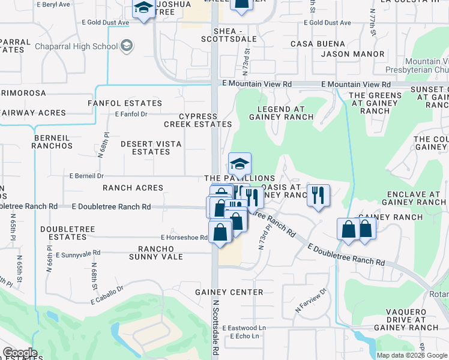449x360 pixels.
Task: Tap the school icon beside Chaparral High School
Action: click(126, 46)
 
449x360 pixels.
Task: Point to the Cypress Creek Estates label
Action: click(198, 120)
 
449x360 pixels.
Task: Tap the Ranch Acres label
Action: click(133, 188)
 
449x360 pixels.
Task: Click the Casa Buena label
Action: click(318, 44)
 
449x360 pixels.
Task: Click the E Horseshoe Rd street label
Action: click(184, 238)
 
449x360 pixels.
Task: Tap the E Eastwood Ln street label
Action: click(244, 328)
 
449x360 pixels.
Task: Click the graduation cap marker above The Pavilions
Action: click(240, 163)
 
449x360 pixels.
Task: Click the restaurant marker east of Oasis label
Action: click(318, 194)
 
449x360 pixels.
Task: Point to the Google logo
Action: click(20, 353)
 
